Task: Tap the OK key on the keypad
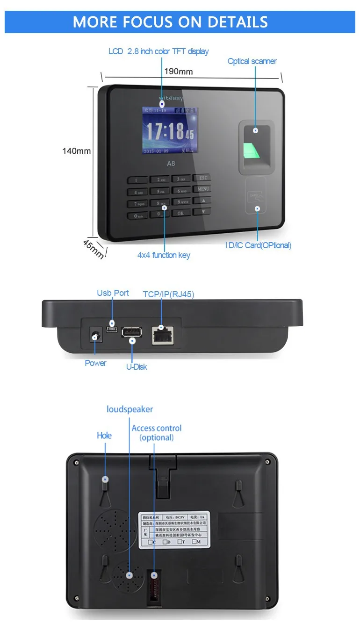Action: click(x=180, y=213)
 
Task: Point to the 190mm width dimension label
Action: click(x=178, y=72)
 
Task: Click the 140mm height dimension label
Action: click(x=77, y=151)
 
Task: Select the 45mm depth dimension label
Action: click(x=93, y=249)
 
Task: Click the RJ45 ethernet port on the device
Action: click(x=161, y=335)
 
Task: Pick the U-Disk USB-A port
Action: click(x=132, y=333)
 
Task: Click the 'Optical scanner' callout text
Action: click(x=252, y=61)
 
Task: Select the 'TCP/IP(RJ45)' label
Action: click(x=168, y=294)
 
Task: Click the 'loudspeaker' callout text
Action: click(x=130, y=409)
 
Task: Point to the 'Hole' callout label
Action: click(x=104, y=436)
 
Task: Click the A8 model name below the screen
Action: click(x=171, y=164)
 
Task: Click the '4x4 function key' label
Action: click(x=164, y=255)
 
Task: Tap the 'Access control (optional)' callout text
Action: click(x=157, y=433)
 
